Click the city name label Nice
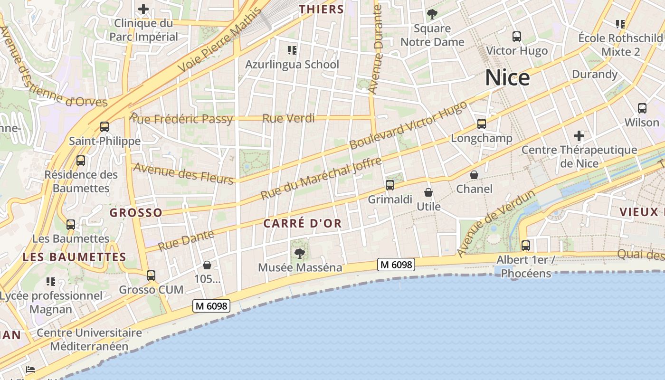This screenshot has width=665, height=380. tap(507, 77)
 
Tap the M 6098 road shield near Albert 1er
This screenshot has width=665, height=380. tap(396, 265)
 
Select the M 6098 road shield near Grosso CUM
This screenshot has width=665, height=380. tap(211, 306)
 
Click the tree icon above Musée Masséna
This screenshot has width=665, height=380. tap(299, 253)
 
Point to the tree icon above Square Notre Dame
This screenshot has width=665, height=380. tap(432, 14)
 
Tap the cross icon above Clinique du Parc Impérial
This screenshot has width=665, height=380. tap(143, 9)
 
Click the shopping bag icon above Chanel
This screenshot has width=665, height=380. tap(474, 175)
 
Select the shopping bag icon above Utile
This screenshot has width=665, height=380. tap(428, 192)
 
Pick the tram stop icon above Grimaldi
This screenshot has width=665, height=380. tap(390, 185)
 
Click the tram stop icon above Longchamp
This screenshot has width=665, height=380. tap(482, 124)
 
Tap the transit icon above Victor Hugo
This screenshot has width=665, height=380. tap(517, 37)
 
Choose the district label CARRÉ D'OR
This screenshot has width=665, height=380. tap(303, 223)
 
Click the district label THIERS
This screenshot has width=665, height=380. tap(322, 9)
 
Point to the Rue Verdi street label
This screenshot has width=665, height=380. tap(288, 118)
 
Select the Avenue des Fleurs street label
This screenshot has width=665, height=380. tap(183, 173)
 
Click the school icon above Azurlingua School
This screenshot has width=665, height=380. tap(292, 50)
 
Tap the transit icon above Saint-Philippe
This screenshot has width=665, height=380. tap(104, 127)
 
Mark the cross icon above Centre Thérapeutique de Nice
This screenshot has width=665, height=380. tap(579, 136)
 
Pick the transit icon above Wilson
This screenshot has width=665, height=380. tap(642, 108)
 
